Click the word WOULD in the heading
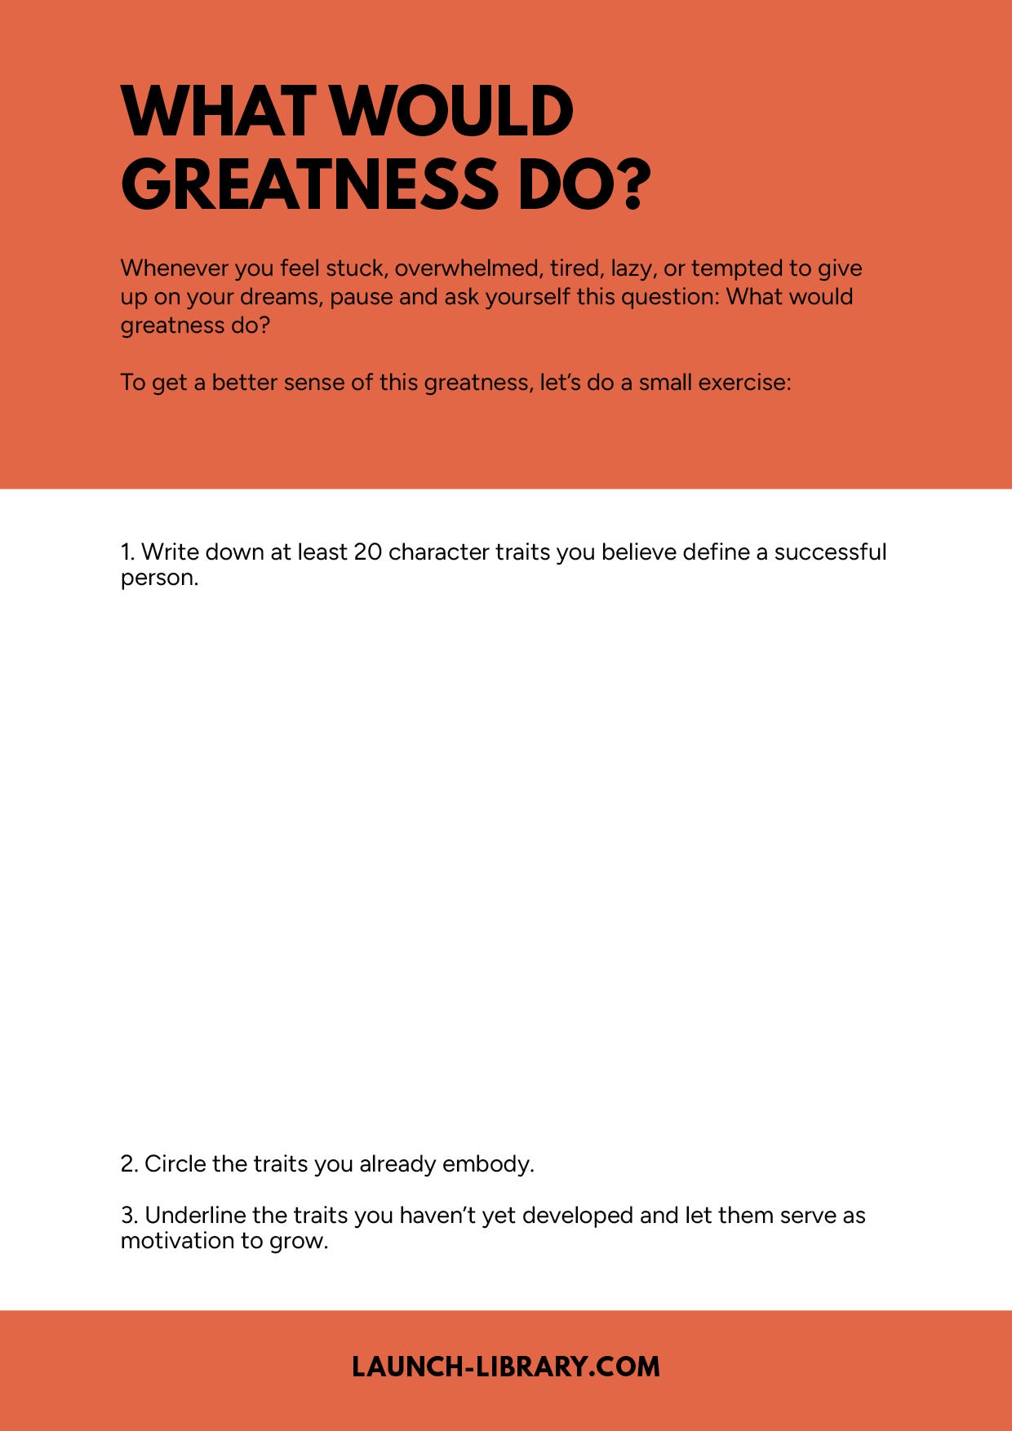(454, 112)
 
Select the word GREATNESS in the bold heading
(309, 184)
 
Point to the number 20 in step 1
(367, 552)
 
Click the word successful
(829, 552)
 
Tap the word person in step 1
(158, 578)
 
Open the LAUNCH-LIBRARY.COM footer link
(506, 1367)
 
